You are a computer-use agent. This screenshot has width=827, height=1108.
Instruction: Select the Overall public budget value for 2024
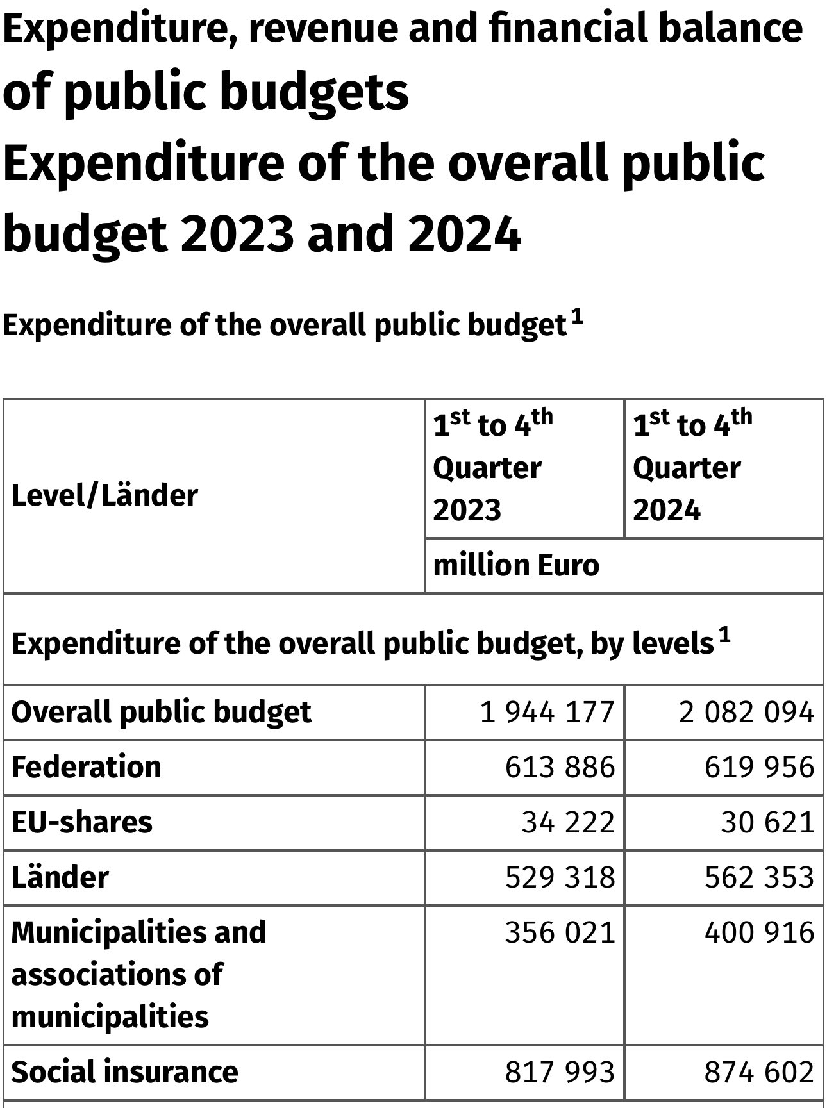746,712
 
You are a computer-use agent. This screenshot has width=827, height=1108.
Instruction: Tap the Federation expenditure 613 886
560,767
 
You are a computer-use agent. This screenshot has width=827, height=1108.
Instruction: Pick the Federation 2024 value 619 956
759,767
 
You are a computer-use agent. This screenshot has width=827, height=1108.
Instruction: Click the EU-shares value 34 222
567,822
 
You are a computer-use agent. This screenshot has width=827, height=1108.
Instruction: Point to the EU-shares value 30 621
767,822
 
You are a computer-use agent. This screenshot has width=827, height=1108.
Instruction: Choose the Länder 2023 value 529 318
560,877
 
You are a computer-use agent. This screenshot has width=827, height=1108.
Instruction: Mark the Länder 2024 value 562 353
759,877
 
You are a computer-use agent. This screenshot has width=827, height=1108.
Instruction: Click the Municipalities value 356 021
560,932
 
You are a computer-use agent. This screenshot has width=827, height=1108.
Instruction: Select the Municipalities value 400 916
759,932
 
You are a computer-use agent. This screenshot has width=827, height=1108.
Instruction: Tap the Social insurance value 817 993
560,1072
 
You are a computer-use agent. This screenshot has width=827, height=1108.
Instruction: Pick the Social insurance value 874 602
759,1072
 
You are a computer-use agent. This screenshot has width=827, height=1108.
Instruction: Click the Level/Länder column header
104,496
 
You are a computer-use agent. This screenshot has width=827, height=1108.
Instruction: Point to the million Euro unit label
516,565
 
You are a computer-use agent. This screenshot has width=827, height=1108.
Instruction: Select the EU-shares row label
81,822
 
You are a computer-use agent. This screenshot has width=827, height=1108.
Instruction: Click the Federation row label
86,767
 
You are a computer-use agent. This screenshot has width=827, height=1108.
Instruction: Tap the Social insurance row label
124,1072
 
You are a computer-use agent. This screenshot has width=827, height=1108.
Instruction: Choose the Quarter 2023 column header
492,468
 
